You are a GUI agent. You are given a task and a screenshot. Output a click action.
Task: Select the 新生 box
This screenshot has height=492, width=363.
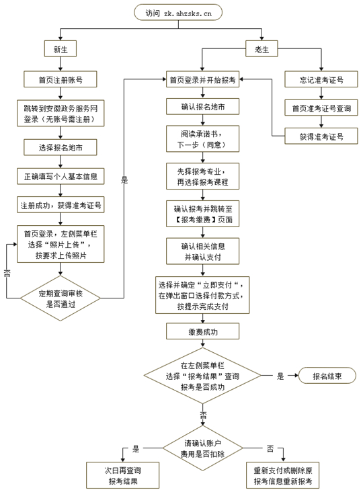(x=61, y=50)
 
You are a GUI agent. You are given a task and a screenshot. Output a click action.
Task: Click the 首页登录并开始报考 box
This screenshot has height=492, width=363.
(x=202, y=79)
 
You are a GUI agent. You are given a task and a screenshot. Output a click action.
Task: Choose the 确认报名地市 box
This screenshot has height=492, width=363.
(x=202, y=107)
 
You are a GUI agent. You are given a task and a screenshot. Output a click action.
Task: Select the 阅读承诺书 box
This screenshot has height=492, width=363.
(x=202, y=139)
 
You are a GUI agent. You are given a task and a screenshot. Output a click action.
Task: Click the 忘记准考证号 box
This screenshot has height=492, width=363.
(x=321, y=79)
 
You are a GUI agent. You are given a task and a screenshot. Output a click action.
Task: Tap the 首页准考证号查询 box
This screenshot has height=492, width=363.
(x=321, y=108)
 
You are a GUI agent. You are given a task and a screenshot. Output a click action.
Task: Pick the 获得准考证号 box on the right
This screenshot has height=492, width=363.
(x=321, y=136)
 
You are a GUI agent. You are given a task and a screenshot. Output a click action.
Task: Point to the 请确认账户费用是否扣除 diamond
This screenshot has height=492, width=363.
(x=202, y=449)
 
